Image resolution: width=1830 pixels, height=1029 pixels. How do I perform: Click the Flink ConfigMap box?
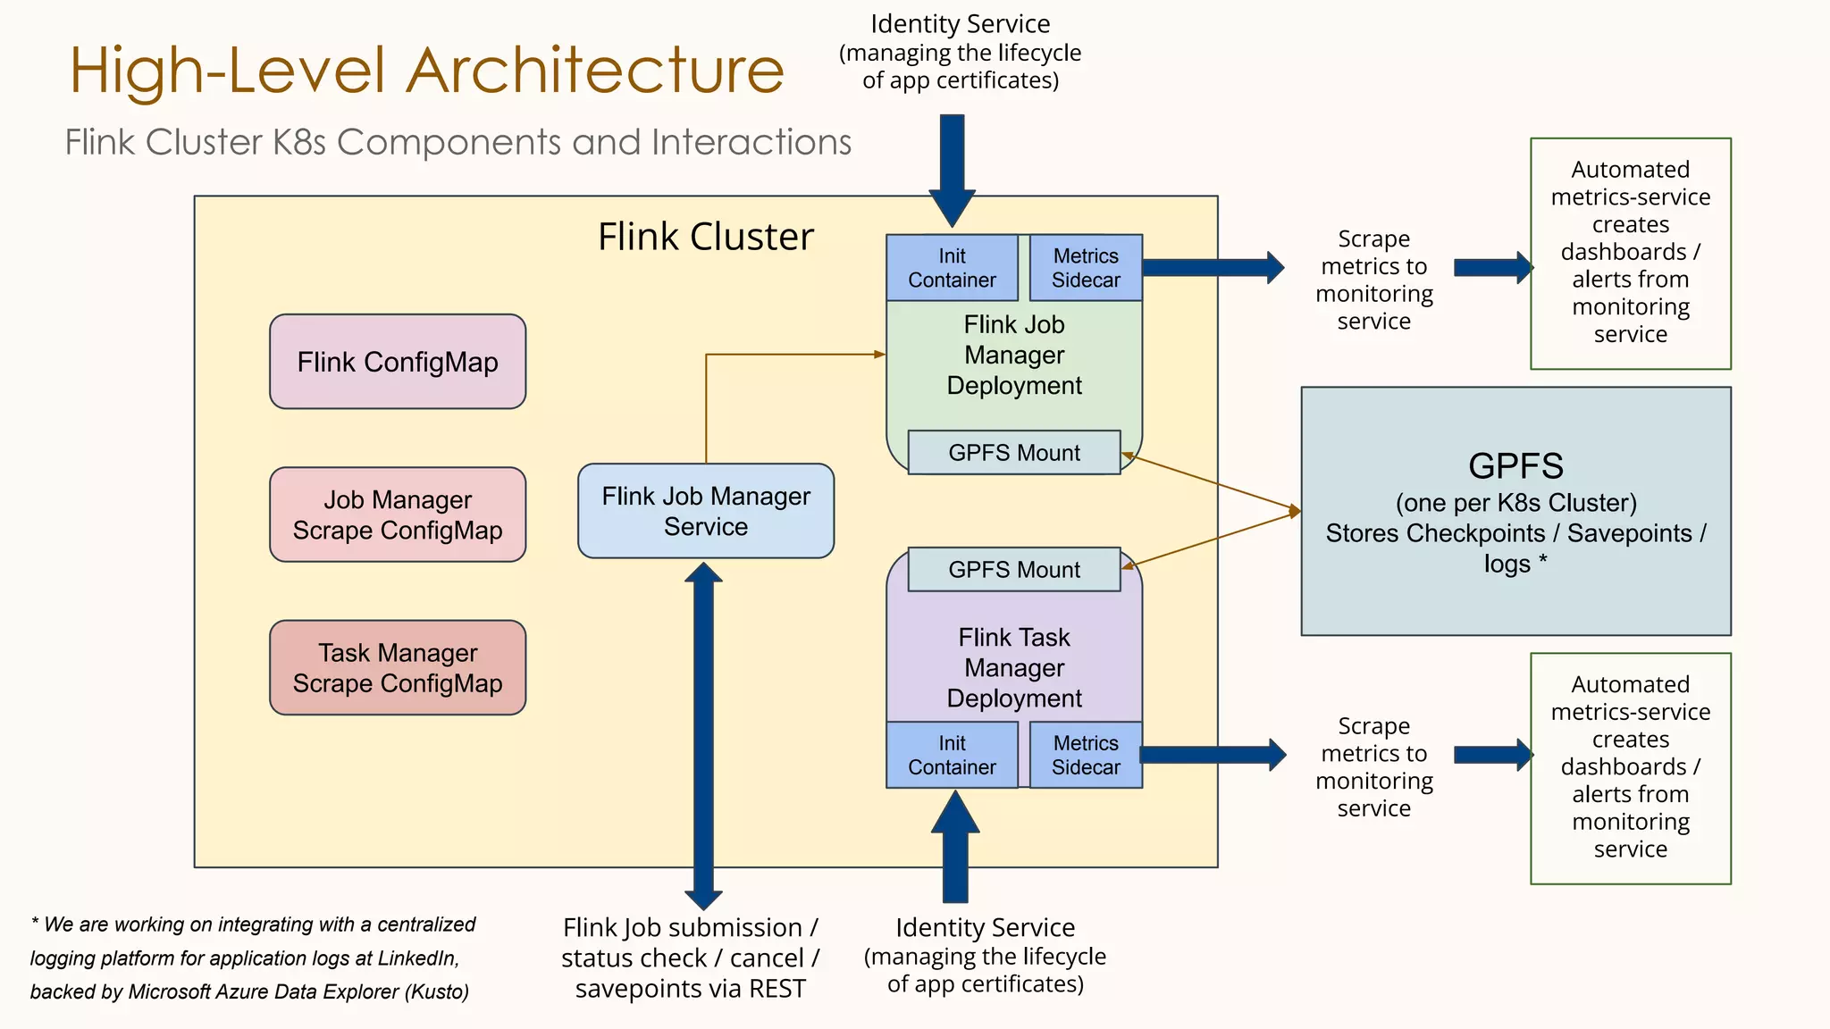click(398, 362)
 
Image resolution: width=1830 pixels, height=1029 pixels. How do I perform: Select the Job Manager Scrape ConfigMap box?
click(398, 514)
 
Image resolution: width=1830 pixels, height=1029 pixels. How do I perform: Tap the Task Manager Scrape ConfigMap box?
click(398, 668)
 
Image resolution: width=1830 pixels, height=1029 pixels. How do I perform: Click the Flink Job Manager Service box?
click(706, 511)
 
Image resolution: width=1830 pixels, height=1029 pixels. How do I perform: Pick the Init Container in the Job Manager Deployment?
click(952, 268)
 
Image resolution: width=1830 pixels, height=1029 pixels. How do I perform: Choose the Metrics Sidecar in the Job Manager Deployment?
click(1086, 268)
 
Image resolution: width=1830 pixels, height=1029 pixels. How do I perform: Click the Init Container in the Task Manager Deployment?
click(952, 755)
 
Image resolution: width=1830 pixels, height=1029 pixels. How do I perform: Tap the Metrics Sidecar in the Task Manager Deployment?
click(1086, 755)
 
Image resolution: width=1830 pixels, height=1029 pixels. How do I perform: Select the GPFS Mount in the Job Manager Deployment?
click(1014, 453)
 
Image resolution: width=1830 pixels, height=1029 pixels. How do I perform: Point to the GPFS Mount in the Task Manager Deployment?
click(1014, 570)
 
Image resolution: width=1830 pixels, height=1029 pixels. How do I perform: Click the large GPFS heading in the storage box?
click(1515, 466)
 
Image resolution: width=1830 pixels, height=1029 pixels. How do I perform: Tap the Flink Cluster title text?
click(706, 238)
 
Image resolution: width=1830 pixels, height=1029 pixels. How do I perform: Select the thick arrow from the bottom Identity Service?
click(955, 849)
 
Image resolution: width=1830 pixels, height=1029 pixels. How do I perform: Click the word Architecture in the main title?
click(595, 71)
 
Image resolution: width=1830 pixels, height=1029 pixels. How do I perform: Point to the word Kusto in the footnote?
click(437, 992)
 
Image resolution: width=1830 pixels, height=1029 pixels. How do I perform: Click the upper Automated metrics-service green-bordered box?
click(1630, 253)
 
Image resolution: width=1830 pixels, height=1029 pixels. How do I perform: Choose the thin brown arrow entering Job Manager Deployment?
click(795, 355)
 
